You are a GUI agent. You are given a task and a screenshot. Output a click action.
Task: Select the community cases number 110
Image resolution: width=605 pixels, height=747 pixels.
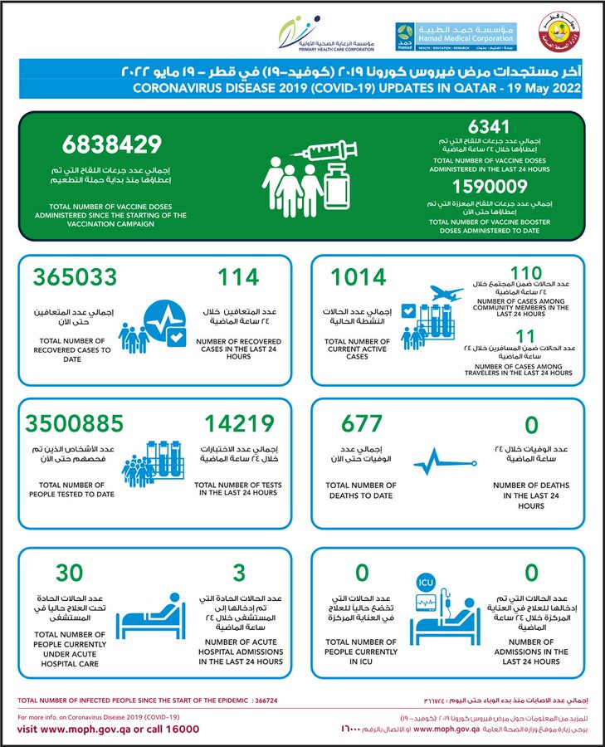click(525, 274)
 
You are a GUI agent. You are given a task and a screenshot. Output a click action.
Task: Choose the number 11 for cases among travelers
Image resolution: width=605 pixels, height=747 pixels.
click(524, 334)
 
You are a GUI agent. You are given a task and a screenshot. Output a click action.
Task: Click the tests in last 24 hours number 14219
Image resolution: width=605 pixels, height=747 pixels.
click(237, 423)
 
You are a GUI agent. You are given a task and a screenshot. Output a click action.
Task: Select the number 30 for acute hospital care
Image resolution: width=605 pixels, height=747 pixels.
click(70, 571)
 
